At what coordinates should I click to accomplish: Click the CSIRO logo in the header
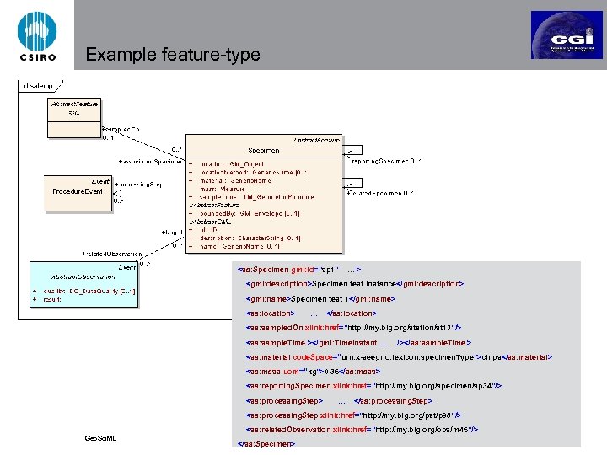(x=37, y=36)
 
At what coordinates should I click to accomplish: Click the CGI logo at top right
(x=566, y=35)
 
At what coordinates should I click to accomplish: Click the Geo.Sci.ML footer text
(x=100, y=438)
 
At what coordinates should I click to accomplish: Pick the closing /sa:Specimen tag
(x=267, y=443)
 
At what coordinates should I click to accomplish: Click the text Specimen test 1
(x=317, y=299)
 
